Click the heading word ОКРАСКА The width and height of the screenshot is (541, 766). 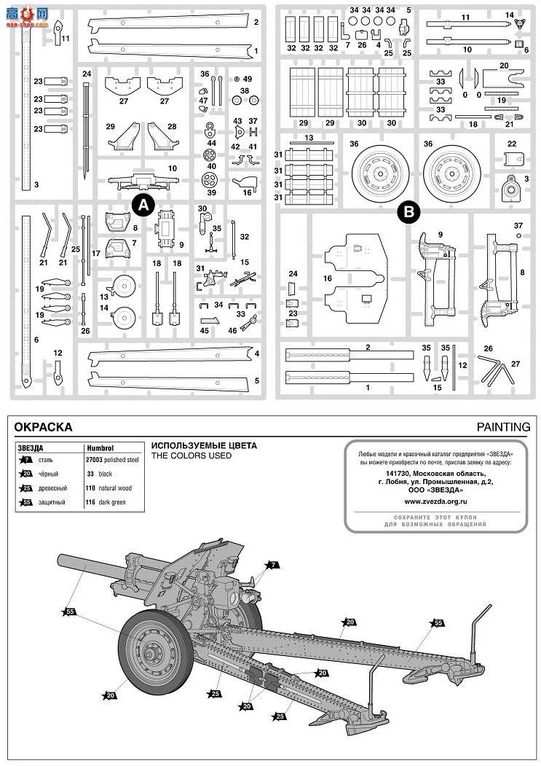pyautogui.click(x=44, y=427)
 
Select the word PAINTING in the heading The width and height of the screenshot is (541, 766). pyautogui.click(x=504, y=427)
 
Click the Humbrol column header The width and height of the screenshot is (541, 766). pyautogui.click(x=100, y=448)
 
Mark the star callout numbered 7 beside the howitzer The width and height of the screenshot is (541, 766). pyautogui.click(x=272, y=565)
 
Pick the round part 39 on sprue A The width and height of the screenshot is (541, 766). pyautogui.click(x=211, y=180)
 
